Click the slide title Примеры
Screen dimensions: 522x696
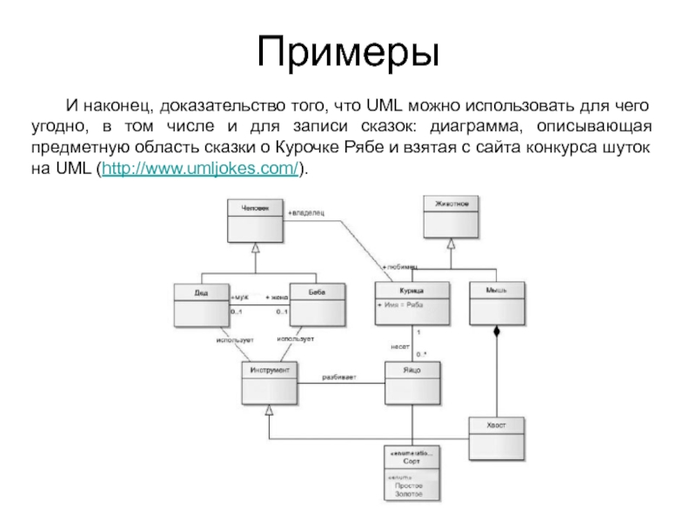pos(348,54)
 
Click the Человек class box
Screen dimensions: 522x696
pos(255,221)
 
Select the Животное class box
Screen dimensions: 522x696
pos(451,216)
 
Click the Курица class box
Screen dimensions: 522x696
pos(412,301)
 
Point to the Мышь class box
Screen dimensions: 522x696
pos(498,301)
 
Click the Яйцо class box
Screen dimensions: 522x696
pos(412,383)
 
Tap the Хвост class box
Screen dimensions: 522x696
pos(498,434)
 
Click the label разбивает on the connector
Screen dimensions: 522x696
pos(338,377)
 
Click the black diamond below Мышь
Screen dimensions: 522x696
pos(498,331)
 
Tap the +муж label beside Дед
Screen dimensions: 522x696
pos(239,296)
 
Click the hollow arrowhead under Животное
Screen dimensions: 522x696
pos(451,244)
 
